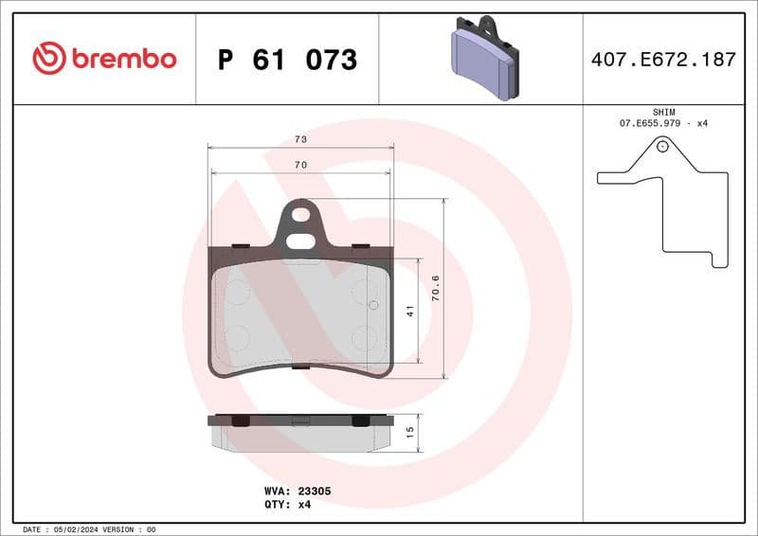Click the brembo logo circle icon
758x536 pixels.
click(x=48, y=59)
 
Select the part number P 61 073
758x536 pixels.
click(x=287, y=60)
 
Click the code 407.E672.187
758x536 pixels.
click(x=662, y=60)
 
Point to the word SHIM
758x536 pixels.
click(x=663, y=112)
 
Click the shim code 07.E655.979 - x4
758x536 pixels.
click(x=663, y=124)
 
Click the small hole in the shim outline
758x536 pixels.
click(x=662, y=146)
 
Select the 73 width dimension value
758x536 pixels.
click(x=300, y=139)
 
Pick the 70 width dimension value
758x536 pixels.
click(x=300, y=165)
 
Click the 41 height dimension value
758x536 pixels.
click(x=410, y=311)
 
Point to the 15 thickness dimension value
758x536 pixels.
click(x=410, y=433)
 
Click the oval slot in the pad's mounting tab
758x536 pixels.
click(x=301, y=241)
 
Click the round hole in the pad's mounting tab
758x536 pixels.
click(x=301, y=214)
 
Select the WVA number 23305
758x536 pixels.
click(x=314, y=491)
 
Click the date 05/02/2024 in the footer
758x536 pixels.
click(x=73, y=529)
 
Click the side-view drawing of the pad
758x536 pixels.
click(x=300, y=432)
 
